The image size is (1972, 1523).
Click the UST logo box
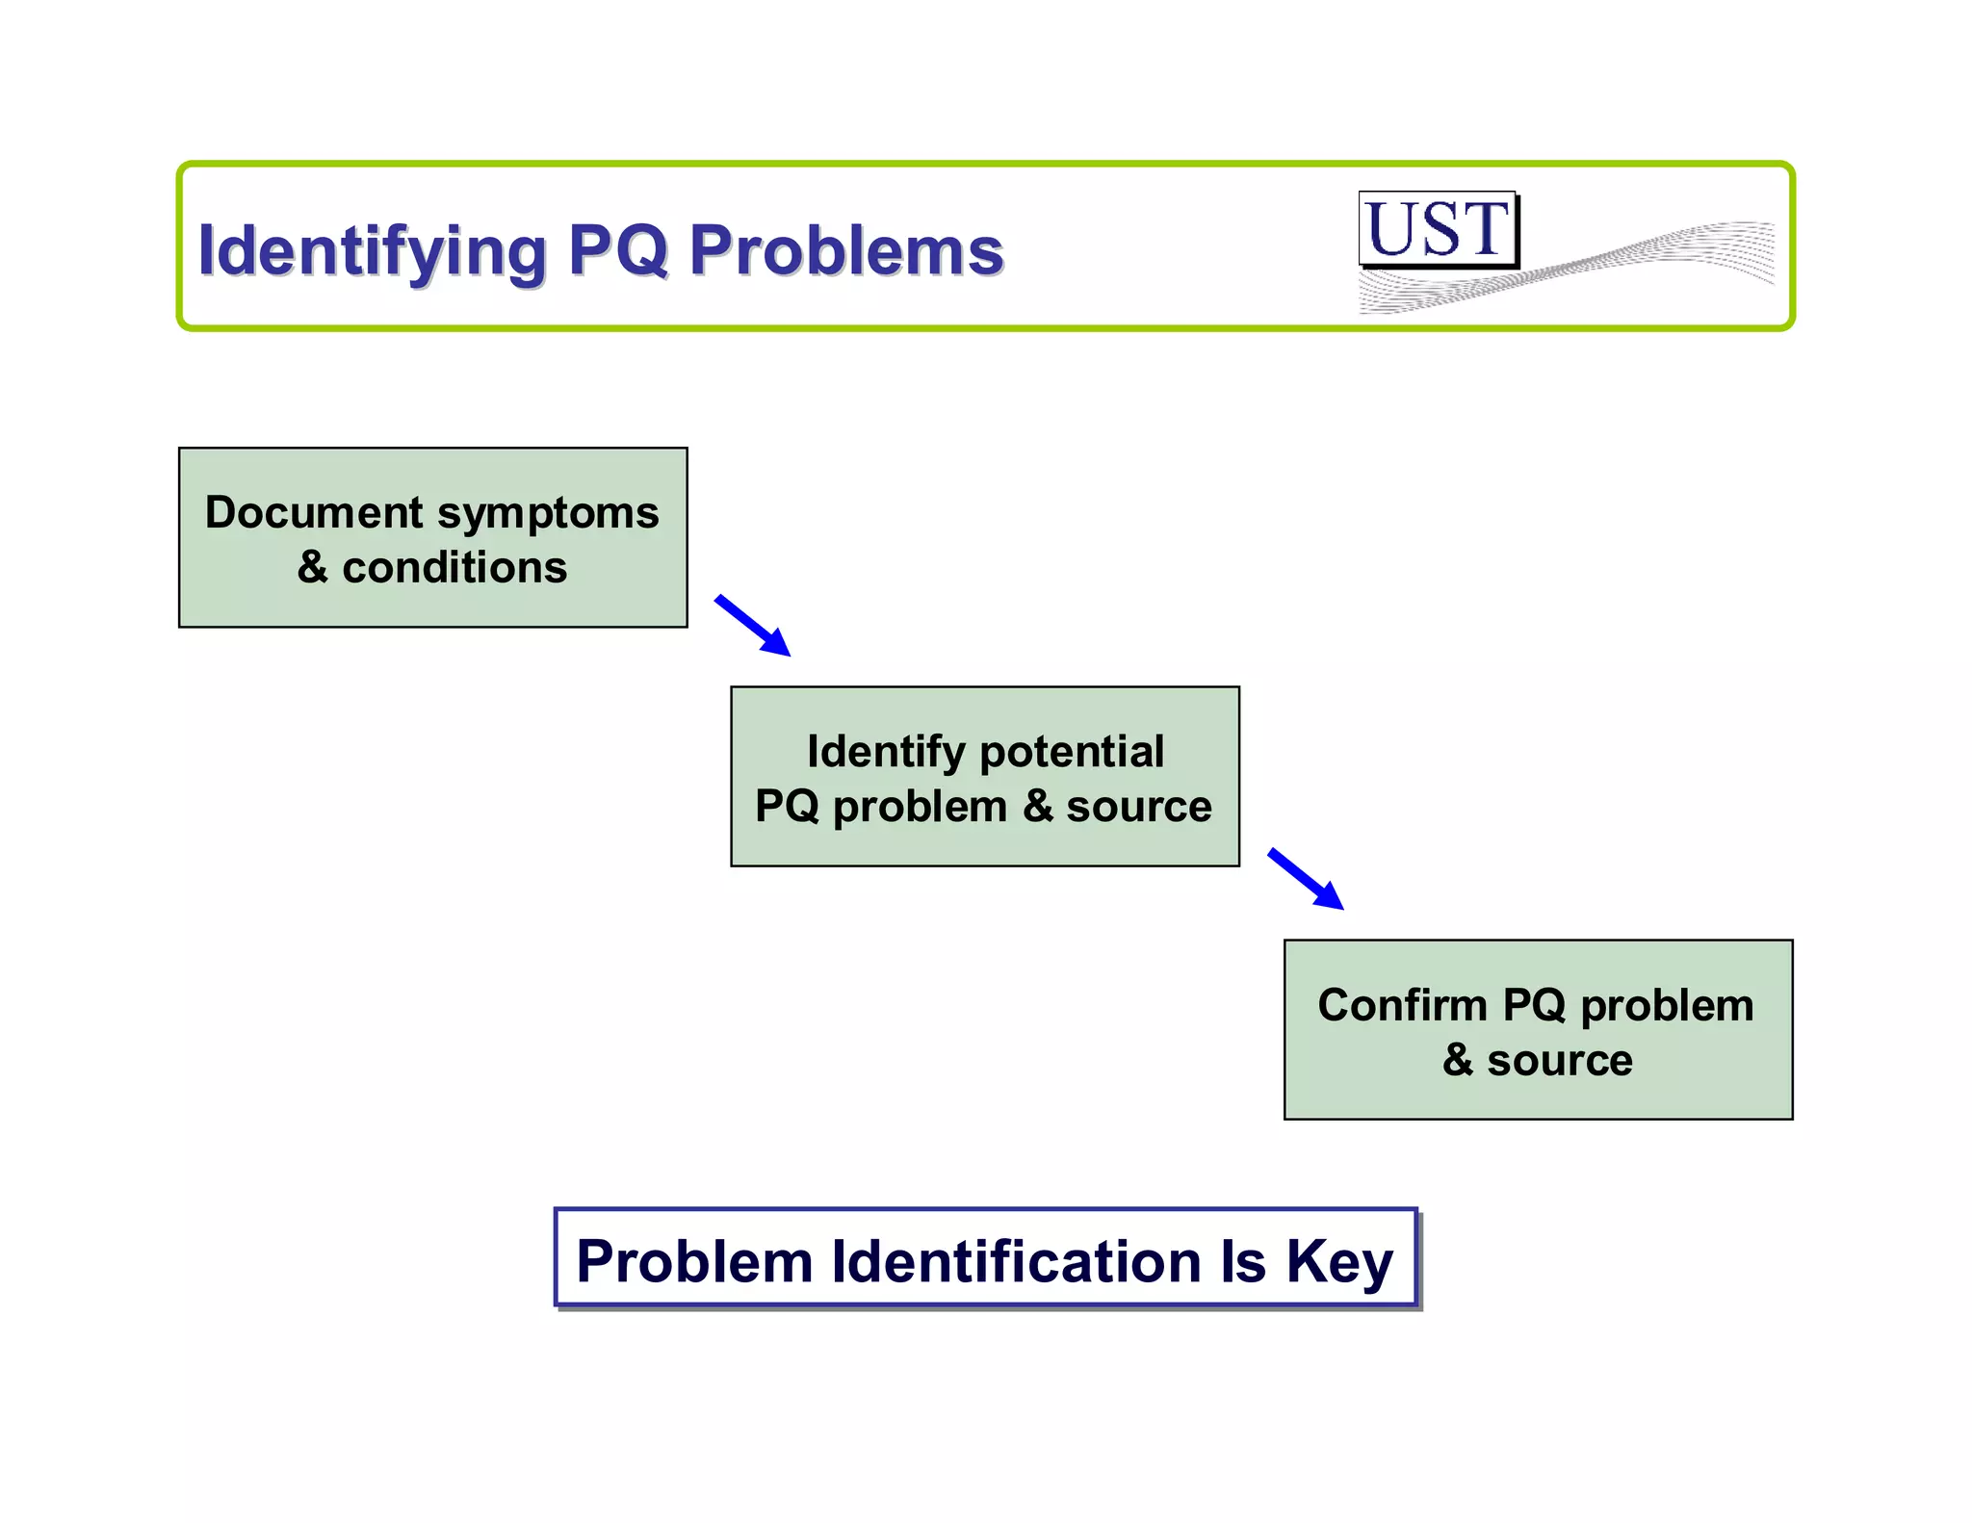coord(1438,229)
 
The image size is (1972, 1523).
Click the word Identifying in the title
coord(372,251)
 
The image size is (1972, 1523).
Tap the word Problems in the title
coord(846,250)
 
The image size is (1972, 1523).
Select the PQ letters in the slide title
coord(617,250)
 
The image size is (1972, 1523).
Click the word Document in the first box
coord(314,512)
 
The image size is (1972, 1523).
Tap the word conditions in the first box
coord(454,567)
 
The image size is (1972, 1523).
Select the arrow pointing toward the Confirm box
coord(1306,878)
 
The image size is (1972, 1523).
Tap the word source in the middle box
coord(1138,807)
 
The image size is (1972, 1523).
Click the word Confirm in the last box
coord(1402,1006)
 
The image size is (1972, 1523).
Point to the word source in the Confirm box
coord(1559,1060)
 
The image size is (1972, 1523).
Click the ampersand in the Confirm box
coord(1458,1060)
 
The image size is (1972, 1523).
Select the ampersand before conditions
coord(312,567)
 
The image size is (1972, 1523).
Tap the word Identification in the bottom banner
coord(1016,1261)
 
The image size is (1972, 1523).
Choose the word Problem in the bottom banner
coord(694,1261)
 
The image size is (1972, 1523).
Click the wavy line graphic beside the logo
coord(1637,260)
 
